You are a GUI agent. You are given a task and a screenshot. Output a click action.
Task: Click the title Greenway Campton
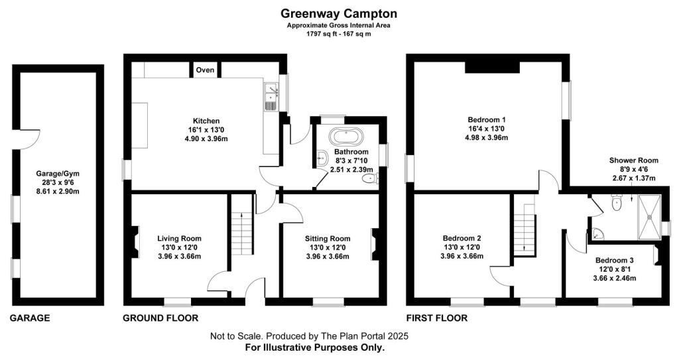coord(339,13)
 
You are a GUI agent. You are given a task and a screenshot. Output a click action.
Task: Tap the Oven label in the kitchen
coord(205,70)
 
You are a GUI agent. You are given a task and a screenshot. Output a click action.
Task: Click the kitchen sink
coord(271,98)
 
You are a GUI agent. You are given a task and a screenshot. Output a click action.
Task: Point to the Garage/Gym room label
coord(57,175)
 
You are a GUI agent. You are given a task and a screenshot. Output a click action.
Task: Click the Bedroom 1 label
coord(487,120)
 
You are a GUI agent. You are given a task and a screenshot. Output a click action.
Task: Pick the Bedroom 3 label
coord(614,261)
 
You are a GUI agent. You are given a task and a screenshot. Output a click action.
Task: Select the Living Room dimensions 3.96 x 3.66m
coord(179,257)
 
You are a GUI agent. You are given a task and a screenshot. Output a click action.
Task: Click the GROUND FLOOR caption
coord(160,318)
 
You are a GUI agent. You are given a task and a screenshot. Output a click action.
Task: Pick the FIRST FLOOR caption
coord(438,318)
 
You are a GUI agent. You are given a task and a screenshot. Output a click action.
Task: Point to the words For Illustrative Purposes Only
coord(315,347)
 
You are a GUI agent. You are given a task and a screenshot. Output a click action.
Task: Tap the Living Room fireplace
coord(135,242)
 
